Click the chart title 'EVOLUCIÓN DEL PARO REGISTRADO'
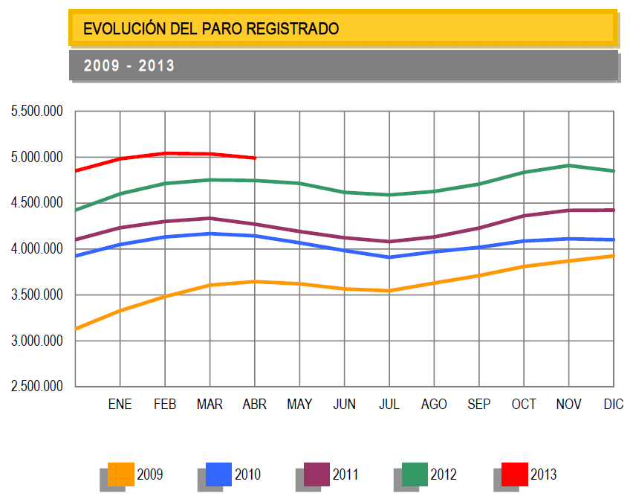click(211, 29)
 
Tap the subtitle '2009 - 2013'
click(129, 66)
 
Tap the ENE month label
click(120, 405)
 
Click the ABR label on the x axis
click(255, 405)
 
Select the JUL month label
click(389, 405)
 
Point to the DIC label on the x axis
click(614, 405)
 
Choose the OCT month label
click(524, 405)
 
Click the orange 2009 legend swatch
click(121, 474)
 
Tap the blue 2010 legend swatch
click(218, 474)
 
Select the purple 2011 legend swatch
click(316, 474)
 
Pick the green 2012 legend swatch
click(415, 474)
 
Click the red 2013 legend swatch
click(514, 474)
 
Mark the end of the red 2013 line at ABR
click(255, 158)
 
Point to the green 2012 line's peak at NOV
click(568, 165)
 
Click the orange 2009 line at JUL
click(389, 291)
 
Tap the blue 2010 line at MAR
click(210, 234)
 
